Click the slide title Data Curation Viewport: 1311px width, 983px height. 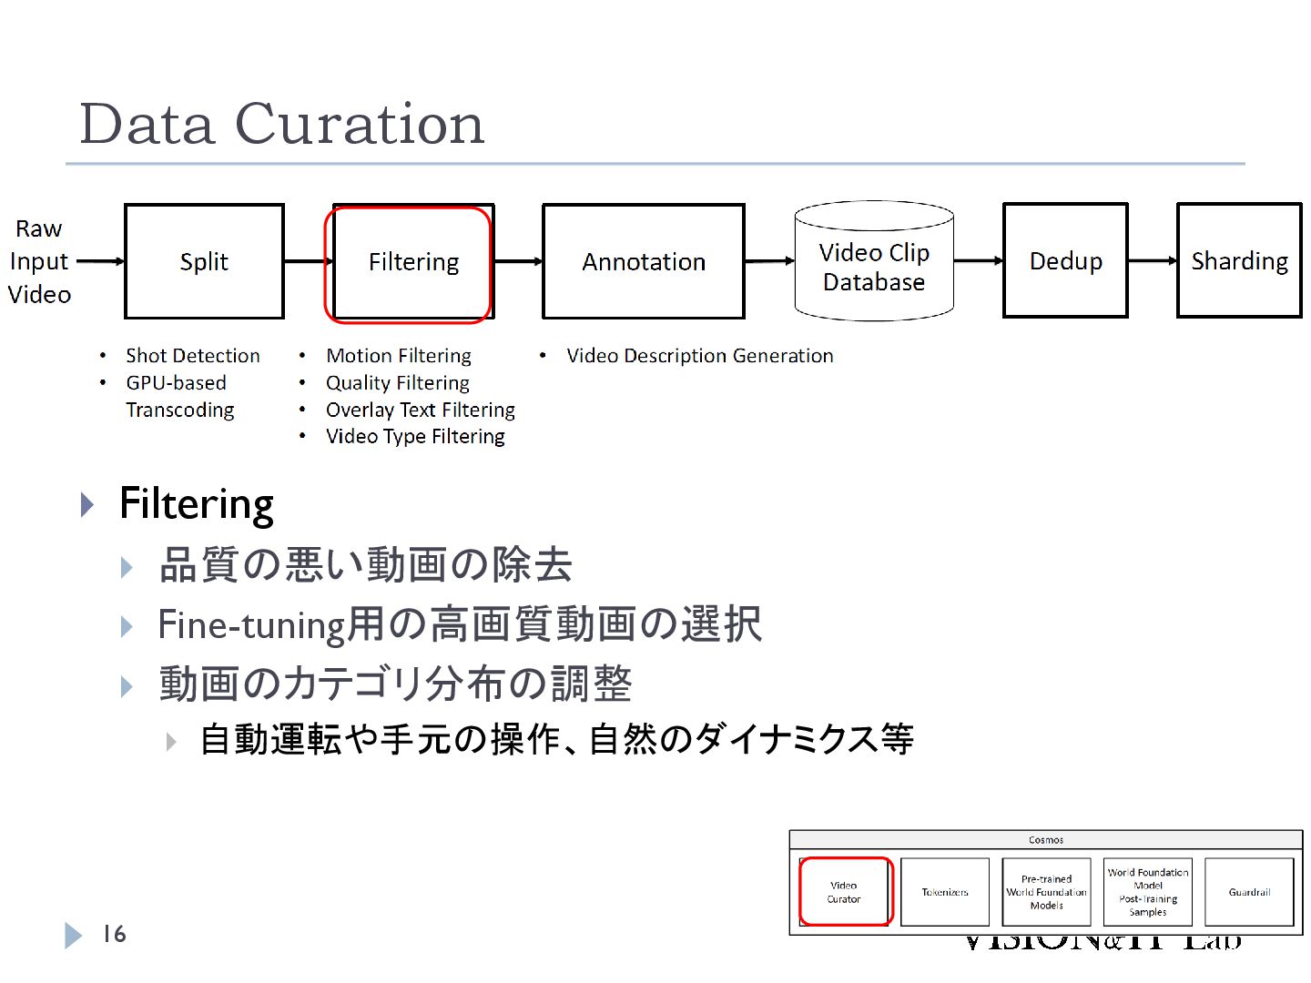tap(282, 124)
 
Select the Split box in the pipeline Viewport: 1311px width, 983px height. tap(204, 262)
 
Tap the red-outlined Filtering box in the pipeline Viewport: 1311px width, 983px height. tap(412, 262)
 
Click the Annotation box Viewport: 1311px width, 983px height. tap(643, 262)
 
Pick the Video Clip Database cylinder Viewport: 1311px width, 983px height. tap(873, 266)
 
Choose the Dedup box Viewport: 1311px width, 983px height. tap(1065, 261)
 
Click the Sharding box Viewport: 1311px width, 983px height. tap(1239, 261)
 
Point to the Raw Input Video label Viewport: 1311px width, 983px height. tap(39, 261)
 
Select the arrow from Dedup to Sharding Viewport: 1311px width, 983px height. tap(1153, 261)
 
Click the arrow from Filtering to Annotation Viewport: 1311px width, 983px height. tap(518, 262)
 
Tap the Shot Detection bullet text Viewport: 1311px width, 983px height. tap(193, 356)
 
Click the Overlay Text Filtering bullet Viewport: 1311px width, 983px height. tap(420, 410)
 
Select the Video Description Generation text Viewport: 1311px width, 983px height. tap(699, 356)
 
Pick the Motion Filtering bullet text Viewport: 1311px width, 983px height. tap(399, 356)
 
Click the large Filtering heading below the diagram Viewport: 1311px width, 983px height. tap(197, 504)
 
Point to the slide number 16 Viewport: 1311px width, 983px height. tap(114, 934)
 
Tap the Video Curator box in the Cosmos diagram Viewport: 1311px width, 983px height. tap(844, 892)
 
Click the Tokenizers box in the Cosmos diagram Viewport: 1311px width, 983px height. tap(945, 892)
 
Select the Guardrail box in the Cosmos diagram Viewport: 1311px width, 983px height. tap(1249, 892)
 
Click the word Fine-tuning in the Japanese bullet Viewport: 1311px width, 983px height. tap(251, 626)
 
